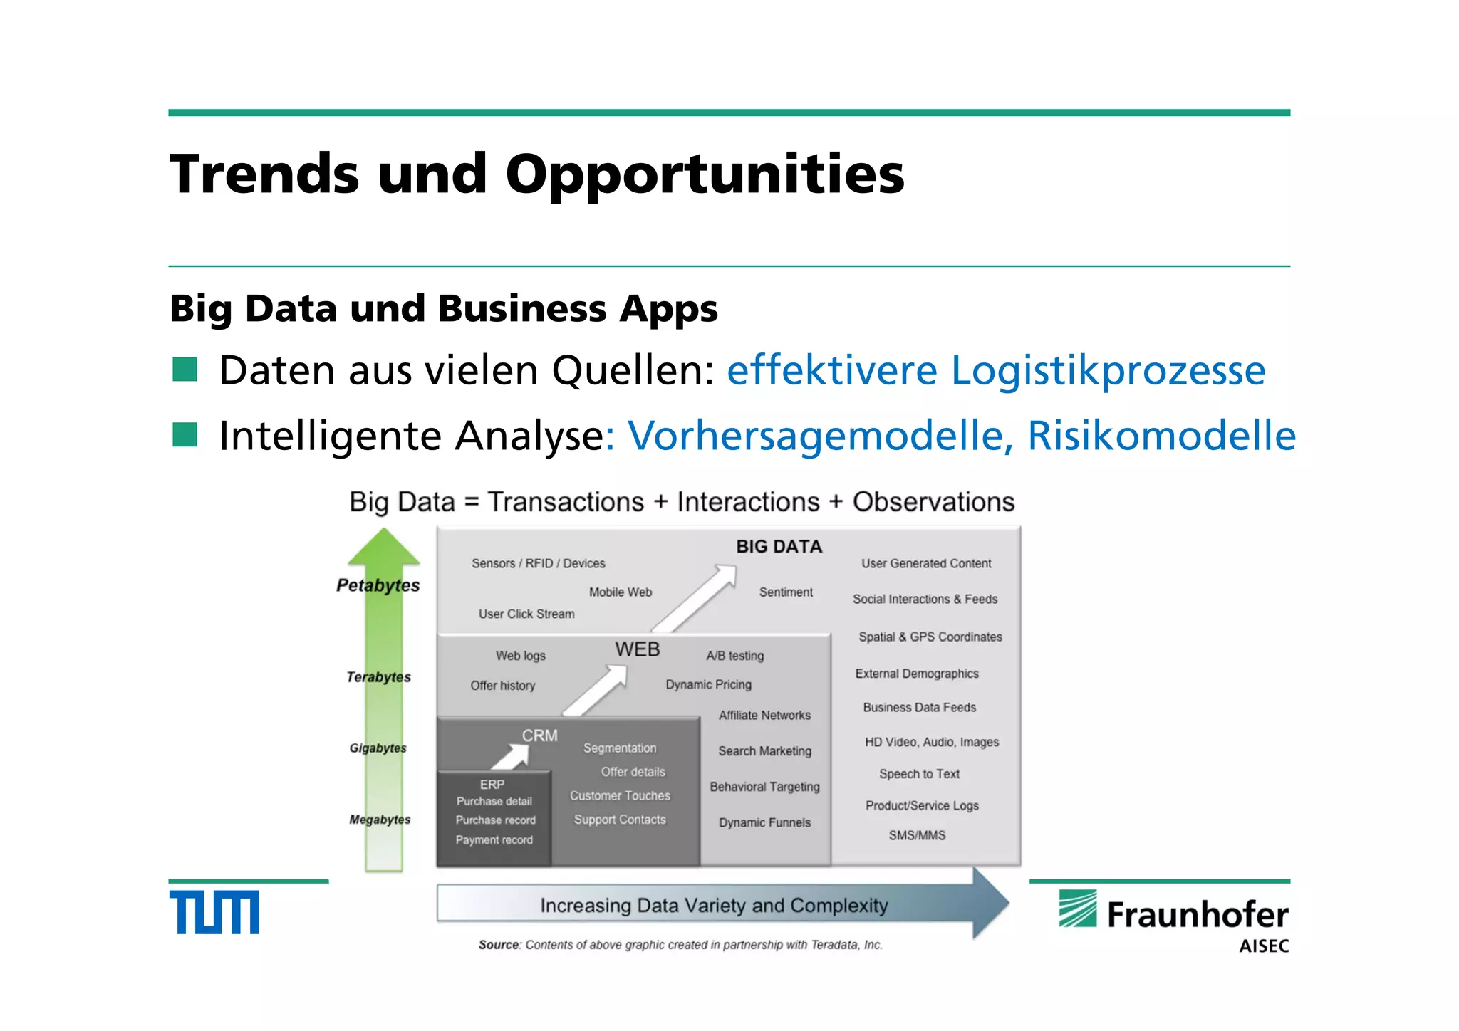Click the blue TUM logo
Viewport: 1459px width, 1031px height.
(214, 912)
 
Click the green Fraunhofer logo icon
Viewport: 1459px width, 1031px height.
(1077, 909)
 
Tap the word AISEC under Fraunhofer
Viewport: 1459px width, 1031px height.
(1264, 946)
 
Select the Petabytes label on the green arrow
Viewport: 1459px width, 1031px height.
(378, 585)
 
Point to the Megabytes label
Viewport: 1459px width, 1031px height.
(380, 820)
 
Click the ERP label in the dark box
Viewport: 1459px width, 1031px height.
(492, 784)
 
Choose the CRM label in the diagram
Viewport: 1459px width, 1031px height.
(539, 736)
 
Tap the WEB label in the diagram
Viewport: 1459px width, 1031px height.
(637, 649)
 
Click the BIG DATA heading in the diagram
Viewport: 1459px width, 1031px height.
(779, 547)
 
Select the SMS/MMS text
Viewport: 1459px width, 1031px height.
(917, 835)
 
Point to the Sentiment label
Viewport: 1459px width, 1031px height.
(785, 592)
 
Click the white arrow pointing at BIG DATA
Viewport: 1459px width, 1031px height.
(695, 597)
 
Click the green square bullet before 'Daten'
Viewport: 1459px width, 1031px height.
(185, 370)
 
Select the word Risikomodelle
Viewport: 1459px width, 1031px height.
(1161, 436)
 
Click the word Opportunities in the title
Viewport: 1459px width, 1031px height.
(705, 174)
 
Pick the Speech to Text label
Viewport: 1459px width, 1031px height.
(919, 774)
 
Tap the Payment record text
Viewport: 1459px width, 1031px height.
(494, 840)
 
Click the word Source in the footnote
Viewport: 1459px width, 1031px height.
(499, 945)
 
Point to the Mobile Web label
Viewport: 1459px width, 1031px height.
(620, 592)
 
